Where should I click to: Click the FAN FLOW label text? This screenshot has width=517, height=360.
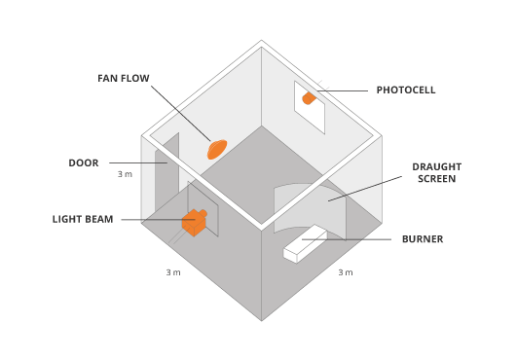point(123,78)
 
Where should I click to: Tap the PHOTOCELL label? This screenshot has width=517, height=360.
point(406,90)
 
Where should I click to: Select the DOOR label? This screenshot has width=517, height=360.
point(83,163)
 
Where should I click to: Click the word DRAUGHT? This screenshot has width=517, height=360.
point(436,166)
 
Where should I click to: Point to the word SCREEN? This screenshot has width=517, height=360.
point(436,180)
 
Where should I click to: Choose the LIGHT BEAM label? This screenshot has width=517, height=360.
point(83,220)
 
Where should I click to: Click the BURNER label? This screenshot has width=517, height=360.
point(422,239)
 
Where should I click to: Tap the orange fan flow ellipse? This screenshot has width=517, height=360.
point(217,149)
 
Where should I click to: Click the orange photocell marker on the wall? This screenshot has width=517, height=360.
point(309,98)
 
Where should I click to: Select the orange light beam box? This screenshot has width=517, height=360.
point(195,222)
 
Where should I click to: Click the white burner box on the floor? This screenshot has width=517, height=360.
point(305,243)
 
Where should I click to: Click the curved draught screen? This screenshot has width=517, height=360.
point(310,205)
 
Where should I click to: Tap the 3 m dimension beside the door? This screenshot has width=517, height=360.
point(125,175)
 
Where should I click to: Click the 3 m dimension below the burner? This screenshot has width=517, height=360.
point(345,272)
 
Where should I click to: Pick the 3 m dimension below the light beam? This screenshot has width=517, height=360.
point(172,272)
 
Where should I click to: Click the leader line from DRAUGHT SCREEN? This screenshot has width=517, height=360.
point(365,189)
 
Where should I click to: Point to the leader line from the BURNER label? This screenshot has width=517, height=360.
point(346,239)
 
